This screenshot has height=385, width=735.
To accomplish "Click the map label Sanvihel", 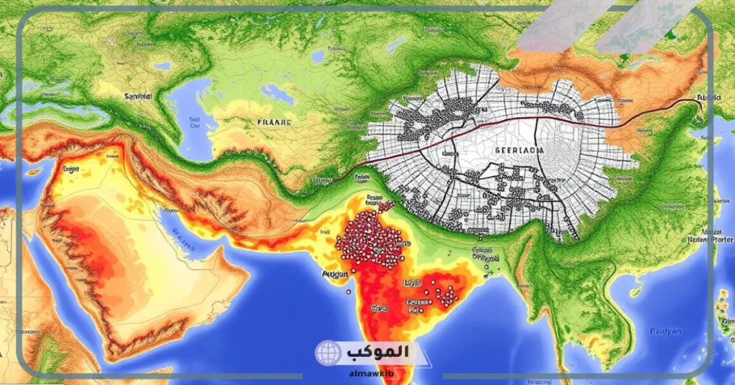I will tap(139, 96).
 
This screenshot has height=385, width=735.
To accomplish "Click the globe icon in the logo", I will tap(327, 353).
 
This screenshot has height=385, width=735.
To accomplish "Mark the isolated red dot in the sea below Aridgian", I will tap(348, 292).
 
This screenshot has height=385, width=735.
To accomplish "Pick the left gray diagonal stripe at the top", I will tap(567, 25).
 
